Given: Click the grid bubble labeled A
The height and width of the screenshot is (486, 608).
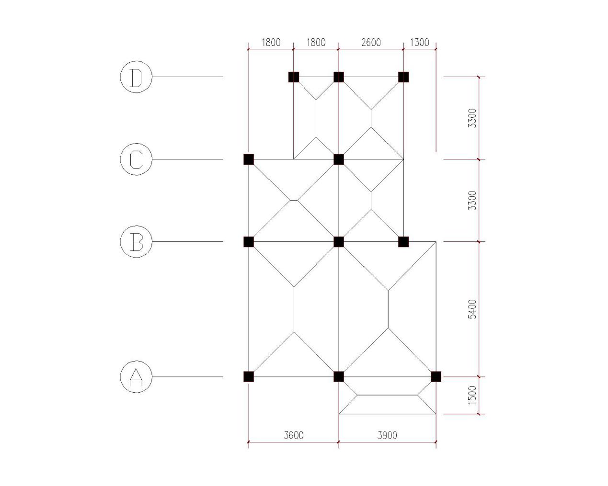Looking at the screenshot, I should pos(136,377).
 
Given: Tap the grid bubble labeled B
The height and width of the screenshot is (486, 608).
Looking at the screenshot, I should pos(136,241).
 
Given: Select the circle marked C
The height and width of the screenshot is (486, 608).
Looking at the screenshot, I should pos(136,159).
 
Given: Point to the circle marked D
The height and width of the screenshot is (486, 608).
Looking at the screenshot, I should pos(136,77).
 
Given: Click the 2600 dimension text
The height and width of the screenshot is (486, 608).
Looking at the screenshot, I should pos(371,42).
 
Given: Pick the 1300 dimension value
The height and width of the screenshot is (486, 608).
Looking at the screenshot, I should pos(419,42).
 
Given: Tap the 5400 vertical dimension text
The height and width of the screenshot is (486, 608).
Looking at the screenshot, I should pos(472,309).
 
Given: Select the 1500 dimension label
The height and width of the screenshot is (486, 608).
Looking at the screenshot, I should pos(472,395).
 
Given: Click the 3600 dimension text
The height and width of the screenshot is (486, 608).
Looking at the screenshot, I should pos(293,435).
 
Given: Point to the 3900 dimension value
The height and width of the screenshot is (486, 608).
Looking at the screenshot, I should pos(387,435).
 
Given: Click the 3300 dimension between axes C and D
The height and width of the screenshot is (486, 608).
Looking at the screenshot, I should pos(472,118).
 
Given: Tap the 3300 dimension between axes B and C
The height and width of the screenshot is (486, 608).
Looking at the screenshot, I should pos(472,200).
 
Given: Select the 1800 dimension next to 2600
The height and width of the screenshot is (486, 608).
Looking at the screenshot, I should pos(316,42).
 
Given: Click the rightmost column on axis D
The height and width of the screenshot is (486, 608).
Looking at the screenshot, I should pos(403,77).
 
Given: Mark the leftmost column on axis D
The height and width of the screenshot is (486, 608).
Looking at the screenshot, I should pos(294,77).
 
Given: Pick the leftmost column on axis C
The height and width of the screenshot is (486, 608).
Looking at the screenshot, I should pos(248,159).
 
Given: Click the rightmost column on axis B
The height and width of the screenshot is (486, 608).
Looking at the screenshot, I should pos(403,241).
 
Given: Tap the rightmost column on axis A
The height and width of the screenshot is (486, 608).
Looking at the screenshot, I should pos(436,376).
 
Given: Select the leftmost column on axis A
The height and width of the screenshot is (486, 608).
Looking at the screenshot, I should pos(248,376).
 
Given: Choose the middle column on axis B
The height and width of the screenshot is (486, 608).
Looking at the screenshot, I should pos(339,241).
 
